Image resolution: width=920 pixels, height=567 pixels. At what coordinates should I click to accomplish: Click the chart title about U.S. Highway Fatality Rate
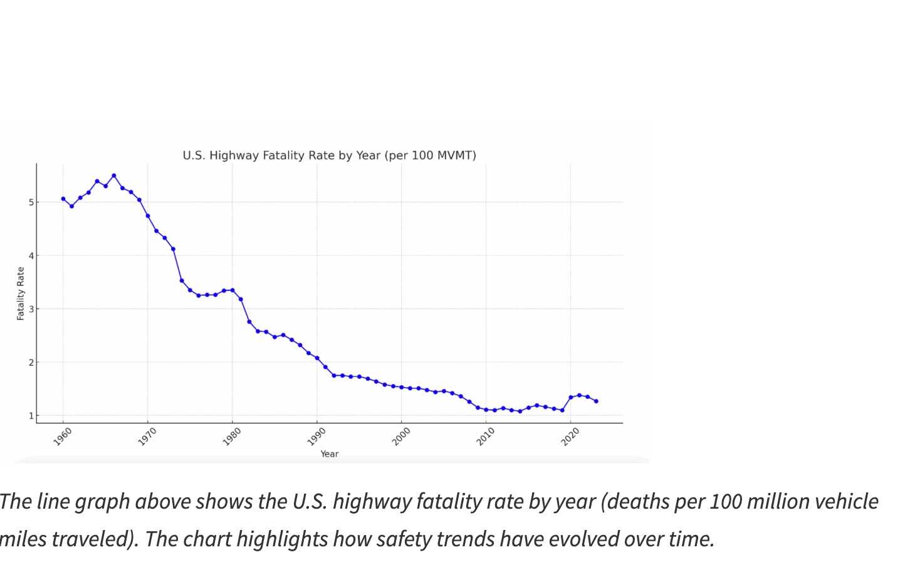(x=329, y=156)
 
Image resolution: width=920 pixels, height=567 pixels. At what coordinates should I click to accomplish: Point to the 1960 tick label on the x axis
(x=63, y=437)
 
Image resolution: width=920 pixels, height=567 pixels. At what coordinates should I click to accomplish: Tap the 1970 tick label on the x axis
(x=147, y=437)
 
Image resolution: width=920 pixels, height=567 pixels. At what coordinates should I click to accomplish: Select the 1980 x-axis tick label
(x=232, y=437)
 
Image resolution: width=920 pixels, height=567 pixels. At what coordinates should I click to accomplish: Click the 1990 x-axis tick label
(x=316, y=437)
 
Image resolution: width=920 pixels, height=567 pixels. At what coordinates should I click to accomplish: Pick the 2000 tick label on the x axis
(x=401, y=437)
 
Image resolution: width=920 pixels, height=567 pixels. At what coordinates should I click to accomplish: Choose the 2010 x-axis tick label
(x=486, y=437)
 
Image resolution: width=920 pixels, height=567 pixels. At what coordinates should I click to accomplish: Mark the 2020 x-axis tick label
(x=570, y=437)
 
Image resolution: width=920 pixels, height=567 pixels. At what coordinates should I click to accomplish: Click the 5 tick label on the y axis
(x=30, y=202)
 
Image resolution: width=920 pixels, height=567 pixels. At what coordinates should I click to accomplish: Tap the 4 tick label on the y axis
(x=30, y=255)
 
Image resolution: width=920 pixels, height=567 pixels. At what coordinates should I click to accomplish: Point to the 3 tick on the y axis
(x=30, y=309)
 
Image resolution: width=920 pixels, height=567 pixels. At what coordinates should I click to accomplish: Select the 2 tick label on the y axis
(x=30, y=362)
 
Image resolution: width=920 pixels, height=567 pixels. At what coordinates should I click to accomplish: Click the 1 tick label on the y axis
(x=30, y=415)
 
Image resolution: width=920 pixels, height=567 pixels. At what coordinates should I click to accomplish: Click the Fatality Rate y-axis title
(x=21, y=294)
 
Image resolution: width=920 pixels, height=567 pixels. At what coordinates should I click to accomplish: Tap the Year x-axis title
(x=329, y=454)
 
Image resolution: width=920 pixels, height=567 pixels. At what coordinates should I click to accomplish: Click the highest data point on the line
(x=113, y=176)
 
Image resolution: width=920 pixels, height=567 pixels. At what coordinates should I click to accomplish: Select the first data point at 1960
(x=63, y=199)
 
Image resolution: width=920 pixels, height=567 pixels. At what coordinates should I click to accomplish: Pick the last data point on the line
(x=596, y=401)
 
